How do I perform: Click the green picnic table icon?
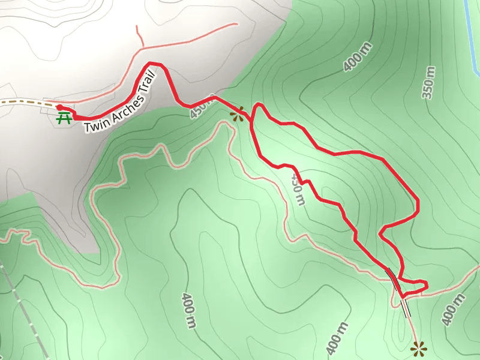63,118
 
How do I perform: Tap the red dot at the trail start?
59,107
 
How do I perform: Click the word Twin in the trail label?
94,126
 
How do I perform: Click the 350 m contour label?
428,83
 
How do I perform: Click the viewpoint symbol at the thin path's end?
419,347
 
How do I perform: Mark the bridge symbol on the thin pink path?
406,307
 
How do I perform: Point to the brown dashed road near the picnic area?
24,103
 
